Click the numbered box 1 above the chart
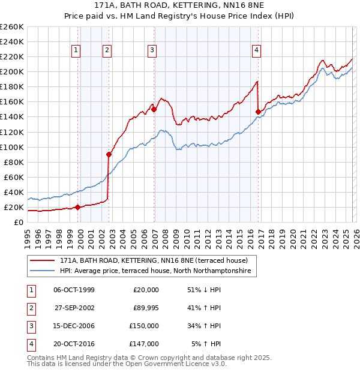point(77,51)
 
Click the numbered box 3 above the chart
point(152,51)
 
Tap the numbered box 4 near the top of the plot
point(256,51)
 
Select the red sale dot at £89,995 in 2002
point(109,154)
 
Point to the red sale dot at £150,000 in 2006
point(154,109)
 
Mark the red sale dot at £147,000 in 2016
point(259,112)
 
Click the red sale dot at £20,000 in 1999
point(78,207)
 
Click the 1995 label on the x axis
point(28,235)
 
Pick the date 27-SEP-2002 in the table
point(74,308)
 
